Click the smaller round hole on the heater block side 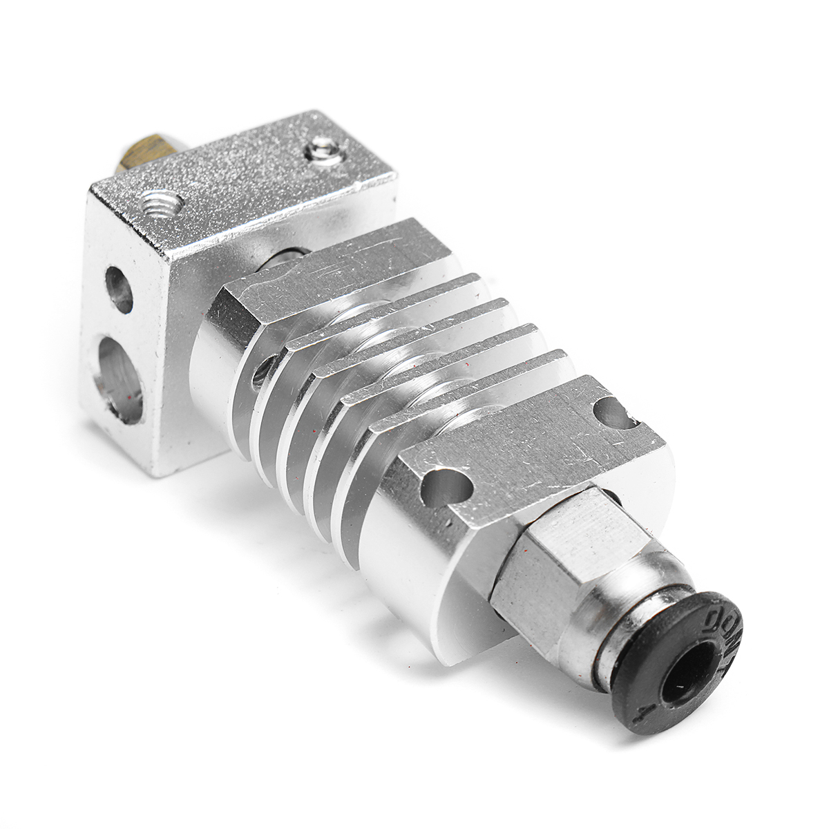(x=119, y=289)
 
